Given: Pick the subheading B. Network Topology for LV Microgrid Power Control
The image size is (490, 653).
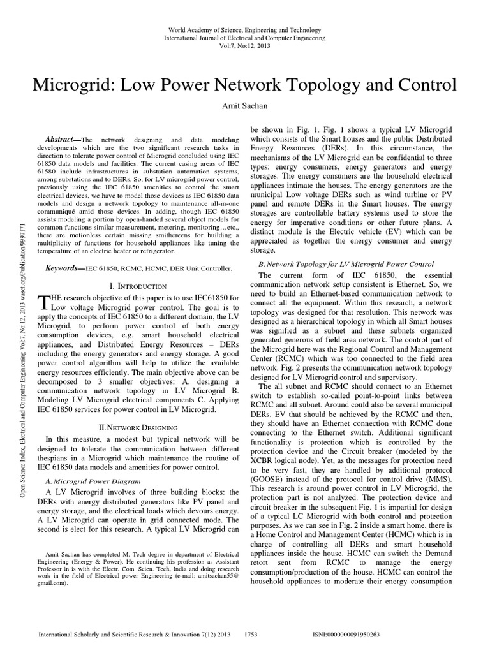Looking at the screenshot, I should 345,263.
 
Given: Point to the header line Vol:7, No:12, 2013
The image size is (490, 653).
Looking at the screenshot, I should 244,46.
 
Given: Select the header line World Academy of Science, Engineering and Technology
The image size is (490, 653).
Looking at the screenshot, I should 244,30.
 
